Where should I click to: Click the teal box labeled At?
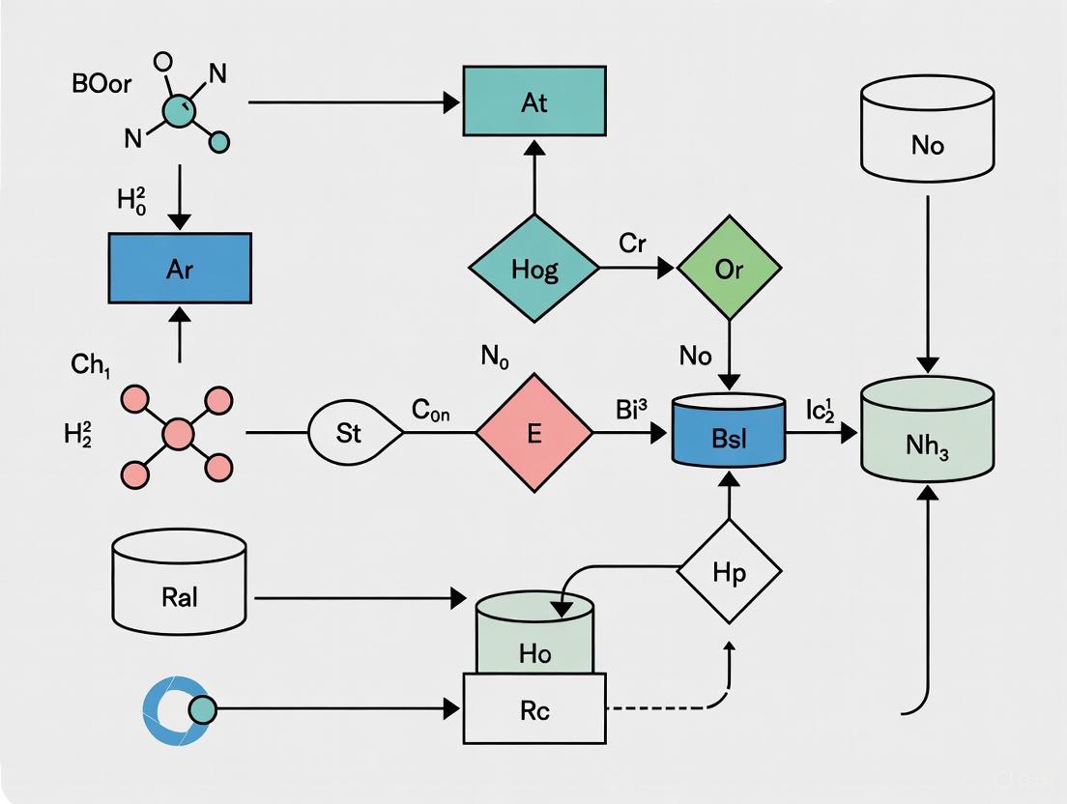click(533, 101)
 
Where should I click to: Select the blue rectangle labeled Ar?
click(180, 268)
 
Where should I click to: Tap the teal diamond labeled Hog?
click(533, 268)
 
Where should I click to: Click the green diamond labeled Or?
click(729, 268)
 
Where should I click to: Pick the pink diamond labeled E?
click(533, 434)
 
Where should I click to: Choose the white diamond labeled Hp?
click(729, 571)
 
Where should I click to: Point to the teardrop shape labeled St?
click(350, 434)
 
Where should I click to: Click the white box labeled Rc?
click(533, 710)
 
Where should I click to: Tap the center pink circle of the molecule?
click(178, 434)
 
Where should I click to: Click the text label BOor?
click(101, 83)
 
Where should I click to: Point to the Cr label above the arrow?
click(632, 244)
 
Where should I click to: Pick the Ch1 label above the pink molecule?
click(92, 365)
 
